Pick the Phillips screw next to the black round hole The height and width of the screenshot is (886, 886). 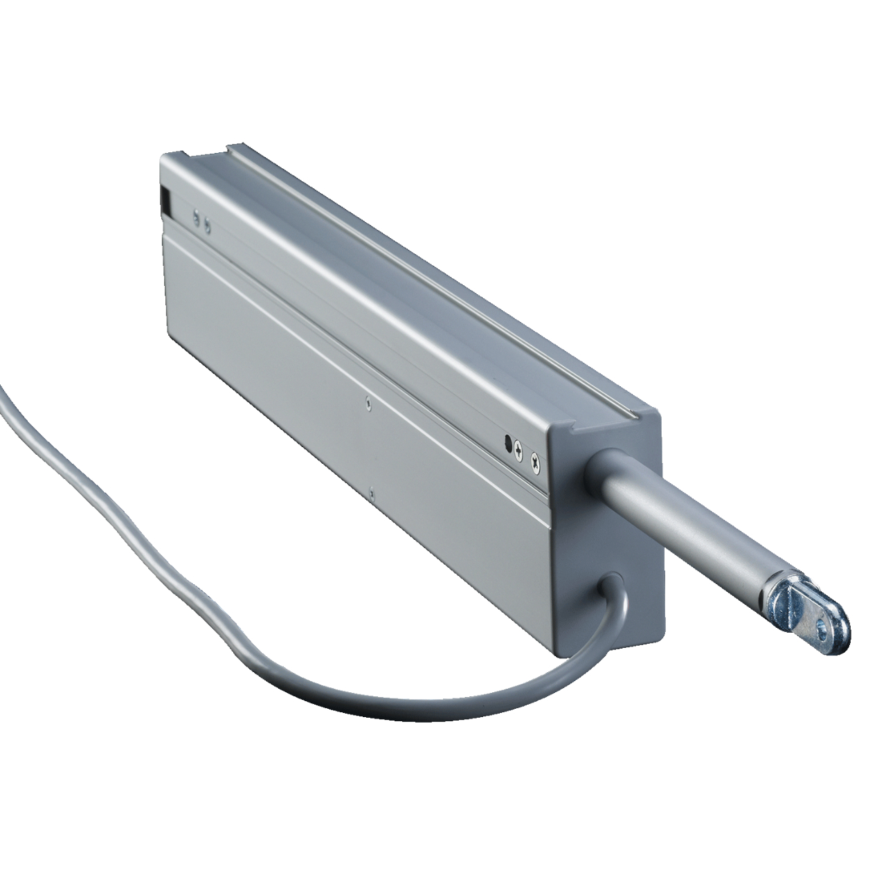click(519, 449)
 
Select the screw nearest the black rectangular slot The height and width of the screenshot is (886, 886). click(197, 218)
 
